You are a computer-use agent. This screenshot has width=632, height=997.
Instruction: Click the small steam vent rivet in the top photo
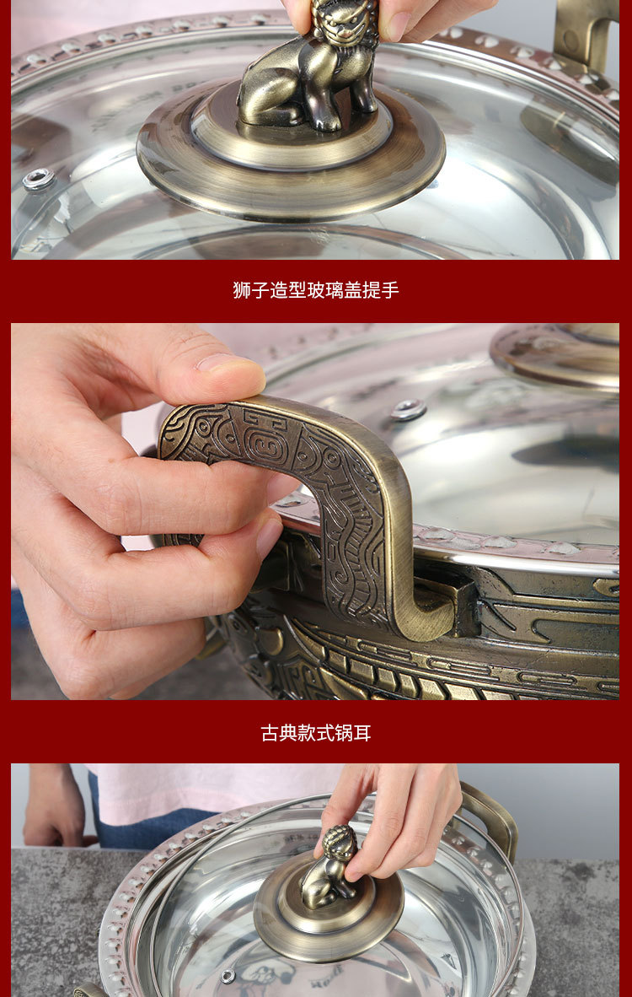coord(39,179)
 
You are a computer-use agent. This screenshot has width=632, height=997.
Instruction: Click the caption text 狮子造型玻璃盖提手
coord(315,290)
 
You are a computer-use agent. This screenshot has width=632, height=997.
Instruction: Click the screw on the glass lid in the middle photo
coord(408,410)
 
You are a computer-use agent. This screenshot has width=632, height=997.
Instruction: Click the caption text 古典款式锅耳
coord(315,733)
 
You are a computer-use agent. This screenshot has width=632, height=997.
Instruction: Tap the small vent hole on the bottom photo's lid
coord(228,976)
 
